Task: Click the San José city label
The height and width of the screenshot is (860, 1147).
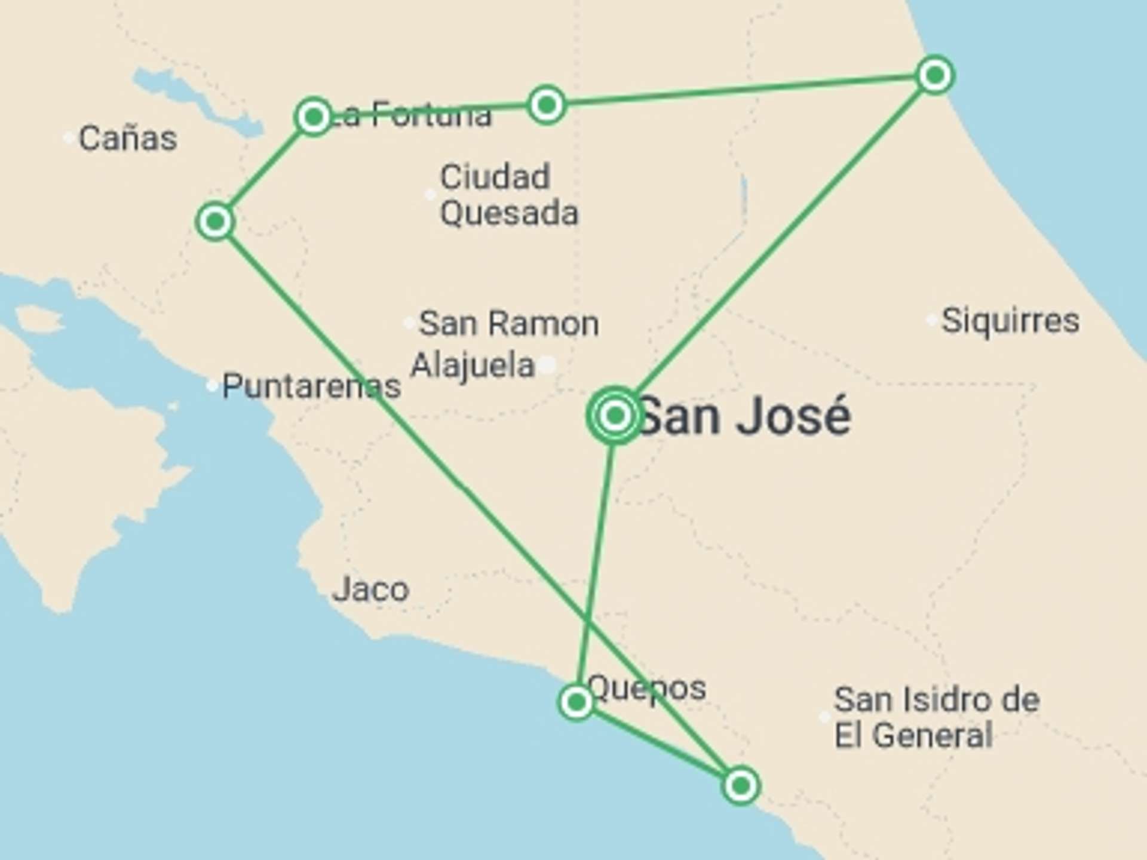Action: pos(744,416)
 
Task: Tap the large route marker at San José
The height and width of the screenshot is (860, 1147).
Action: pos(615,415)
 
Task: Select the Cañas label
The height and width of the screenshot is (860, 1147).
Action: pos(128,139)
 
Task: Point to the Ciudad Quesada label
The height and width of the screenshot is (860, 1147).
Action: pos(509,195)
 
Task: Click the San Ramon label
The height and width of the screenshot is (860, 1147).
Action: pos(508,324)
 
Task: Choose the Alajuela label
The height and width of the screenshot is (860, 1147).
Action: pos(472,365)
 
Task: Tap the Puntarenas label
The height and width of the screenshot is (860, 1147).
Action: pos(311,386)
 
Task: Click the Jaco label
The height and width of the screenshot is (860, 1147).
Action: pos(370,589)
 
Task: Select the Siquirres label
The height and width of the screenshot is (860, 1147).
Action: pos(1010,321)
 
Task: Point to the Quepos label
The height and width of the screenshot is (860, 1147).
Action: pos(647,688)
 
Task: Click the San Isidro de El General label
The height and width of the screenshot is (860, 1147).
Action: pos(936,717)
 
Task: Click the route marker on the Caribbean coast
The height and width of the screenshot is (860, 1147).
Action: pos(934,75)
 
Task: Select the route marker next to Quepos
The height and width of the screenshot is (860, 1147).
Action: pos(576,702)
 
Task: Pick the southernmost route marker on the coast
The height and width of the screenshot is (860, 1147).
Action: pos(741,785)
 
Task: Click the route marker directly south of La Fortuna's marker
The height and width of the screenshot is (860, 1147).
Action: pos(215,222)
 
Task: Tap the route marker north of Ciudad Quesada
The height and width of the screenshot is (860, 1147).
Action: pos(546,106)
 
